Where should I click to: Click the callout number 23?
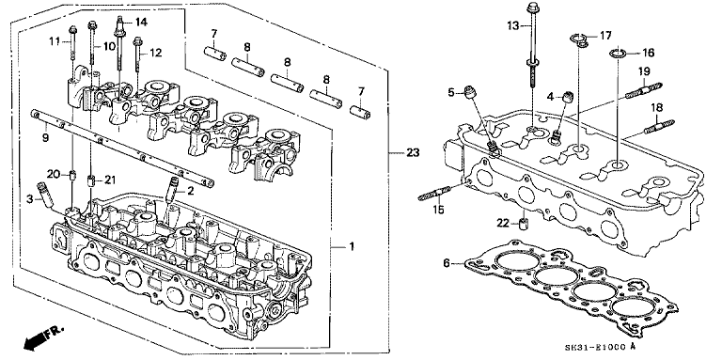pos(411,153)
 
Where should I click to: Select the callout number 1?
pos(351,246)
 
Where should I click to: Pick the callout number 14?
pos(141,21)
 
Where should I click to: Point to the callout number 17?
pos(605,35)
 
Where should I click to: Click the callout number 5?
pos(451,91)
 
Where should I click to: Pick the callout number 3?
pos(30,199)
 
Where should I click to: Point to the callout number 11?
pos(54,40)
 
